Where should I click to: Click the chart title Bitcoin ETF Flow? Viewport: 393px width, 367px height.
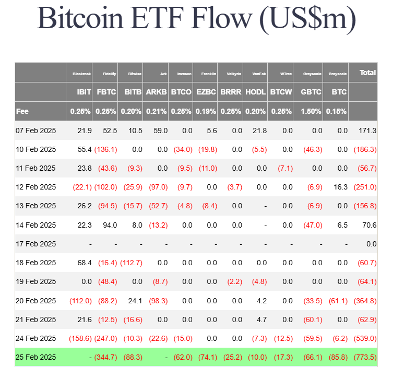[196, 20]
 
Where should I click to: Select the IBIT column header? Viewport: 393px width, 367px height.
[84, 92]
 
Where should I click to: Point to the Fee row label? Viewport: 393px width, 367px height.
[22, 111]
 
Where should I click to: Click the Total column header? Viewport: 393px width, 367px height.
[367, 73]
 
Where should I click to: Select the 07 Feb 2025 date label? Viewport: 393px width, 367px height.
[35, 130]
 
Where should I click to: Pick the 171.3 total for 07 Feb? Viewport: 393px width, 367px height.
[367, 130]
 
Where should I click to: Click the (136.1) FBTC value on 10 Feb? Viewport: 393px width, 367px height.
[106, 149]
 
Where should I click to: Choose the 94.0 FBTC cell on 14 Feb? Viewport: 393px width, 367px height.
[109, 224]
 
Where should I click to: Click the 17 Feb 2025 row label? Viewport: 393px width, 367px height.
[35, 243]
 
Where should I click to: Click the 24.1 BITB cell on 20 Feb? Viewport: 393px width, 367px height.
[135, 300]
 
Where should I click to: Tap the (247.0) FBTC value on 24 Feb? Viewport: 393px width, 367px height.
[106, 338]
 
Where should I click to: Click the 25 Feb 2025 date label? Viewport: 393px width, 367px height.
[35, 357]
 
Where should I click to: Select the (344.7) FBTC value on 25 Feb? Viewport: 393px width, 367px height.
[106, 357]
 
